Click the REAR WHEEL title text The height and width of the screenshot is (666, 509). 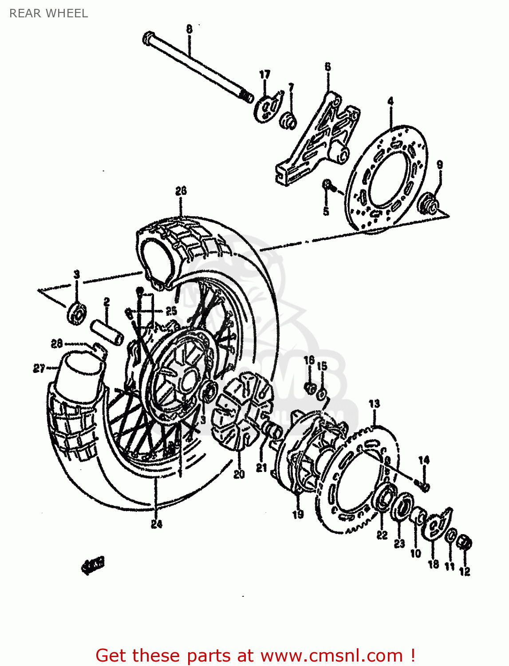48,13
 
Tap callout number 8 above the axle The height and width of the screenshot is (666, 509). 189,29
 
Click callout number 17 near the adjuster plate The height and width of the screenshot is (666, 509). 265,75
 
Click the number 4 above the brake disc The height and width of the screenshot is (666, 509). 391,101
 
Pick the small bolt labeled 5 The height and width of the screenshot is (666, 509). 326,184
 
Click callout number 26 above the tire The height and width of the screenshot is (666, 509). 181,191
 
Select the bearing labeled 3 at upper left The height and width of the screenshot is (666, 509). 77,313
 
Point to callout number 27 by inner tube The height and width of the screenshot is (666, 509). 39,368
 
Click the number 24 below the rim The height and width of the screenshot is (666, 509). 156,524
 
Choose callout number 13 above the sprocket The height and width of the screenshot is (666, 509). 375,403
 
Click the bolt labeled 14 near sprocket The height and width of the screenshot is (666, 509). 424,487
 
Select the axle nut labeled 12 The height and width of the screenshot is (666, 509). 464,543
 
